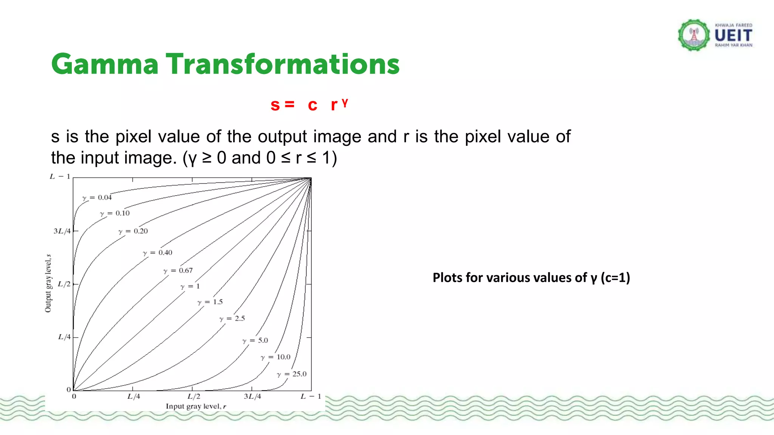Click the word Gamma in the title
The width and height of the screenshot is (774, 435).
click(105, 64)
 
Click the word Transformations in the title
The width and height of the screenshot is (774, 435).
click(283, 64)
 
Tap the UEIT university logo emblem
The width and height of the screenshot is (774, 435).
click(694, 35)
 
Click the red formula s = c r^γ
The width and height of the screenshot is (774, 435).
click(309, 105)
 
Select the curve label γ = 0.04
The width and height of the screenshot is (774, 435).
click(97, 197)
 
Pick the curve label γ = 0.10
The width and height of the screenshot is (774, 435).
click(115, 213)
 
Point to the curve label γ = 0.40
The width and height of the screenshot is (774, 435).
click(158, 253)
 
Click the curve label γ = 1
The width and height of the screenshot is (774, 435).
click(190, 287)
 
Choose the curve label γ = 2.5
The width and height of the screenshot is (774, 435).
click(232, 319)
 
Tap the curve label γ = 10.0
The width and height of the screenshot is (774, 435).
click(276, 357)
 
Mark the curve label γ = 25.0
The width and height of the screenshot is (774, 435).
click(292, 374)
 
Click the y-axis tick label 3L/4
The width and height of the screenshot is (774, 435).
click(62, 231)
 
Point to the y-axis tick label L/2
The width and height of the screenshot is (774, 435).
click(64, 284)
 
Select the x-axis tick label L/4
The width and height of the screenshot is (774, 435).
click(133, 396)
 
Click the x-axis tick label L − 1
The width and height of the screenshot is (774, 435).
click(311, 396)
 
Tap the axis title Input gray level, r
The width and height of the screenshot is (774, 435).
click(196, 406)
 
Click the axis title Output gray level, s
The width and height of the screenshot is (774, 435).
click(48, 284)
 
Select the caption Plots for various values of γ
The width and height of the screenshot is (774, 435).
click(531, 278)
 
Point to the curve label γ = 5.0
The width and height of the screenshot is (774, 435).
click(255, 341)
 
